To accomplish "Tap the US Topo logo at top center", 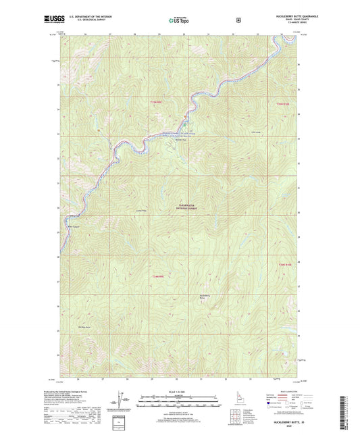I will [179, 21].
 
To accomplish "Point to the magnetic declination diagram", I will [125, 399].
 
